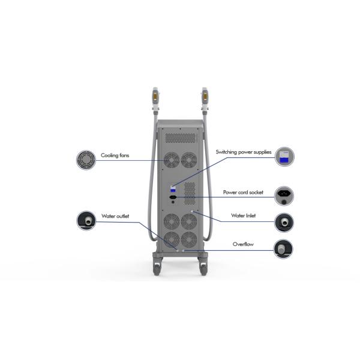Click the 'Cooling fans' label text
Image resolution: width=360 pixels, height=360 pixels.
coord(115,156)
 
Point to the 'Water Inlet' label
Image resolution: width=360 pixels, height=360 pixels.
coord(244,215)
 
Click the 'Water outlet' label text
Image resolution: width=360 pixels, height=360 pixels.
coord(115,215)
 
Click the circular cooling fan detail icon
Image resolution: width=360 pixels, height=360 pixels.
coord(86,159)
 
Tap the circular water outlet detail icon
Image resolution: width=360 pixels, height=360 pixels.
coord(86,220)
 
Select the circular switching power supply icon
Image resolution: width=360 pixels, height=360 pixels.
coord(284,157)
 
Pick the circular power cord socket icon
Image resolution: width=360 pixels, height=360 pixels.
coord(284,194)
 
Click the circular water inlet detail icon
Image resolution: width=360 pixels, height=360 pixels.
coord(284,223)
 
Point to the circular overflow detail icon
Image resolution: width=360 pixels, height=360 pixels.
coord(284,248)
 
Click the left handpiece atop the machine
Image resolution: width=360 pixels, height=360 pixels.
coord(157,98)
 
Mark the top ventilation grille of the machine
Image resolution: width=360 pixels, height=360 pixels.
coord(181,137)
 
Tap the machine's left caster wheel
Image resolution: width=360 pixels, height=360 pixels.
coord(157,264)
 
